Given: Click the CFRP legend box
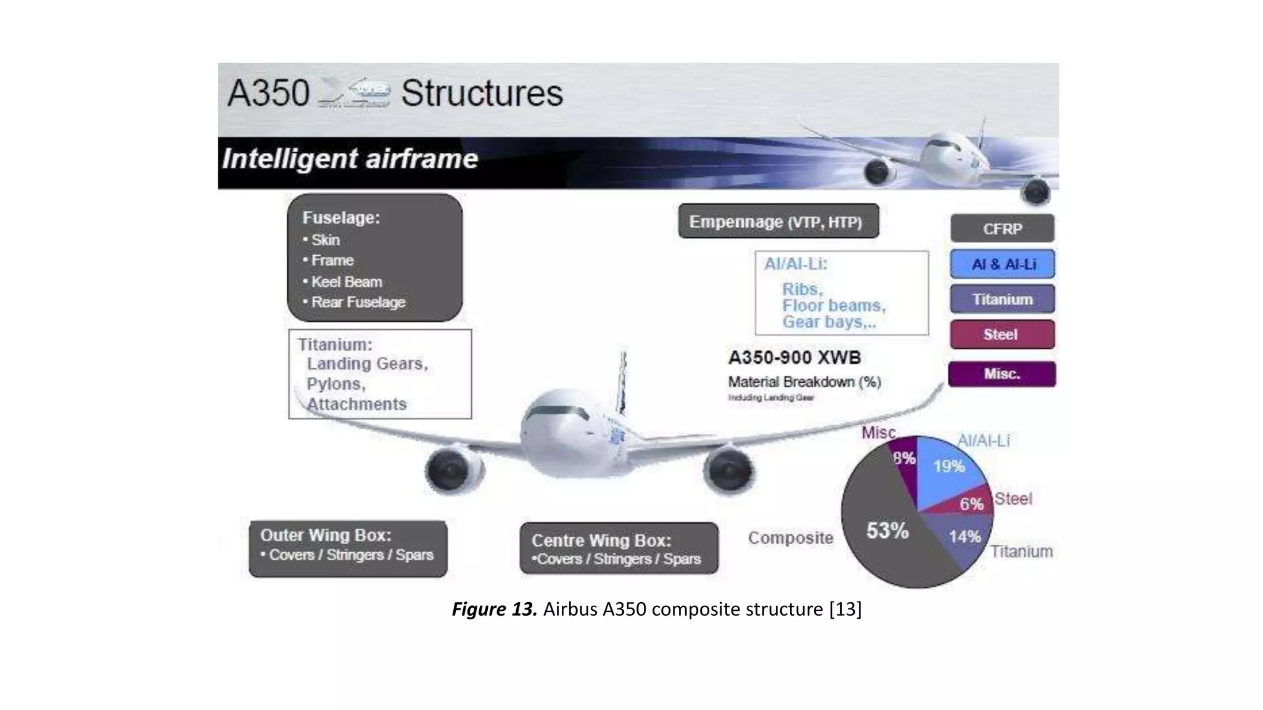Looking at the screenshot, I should click(1002, 229).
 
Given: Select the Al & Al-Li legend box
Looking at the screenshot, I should click(1002, 264).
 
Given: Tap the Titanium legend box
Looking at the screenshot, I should click(1002, 300).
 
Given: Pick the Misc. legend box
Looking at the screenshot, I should click(1002, 374).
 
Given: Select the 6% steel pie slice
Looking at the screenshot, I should click(971, 504).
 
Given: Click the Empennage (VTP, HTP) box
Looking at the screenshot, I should click(778, 221).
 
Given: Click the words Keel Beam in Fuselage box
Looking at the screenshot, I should click(346, 282).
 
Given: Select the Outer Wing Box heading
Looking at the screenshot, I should click(326, 535).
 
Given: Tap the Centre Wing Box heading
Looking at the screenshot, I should click(601, 541).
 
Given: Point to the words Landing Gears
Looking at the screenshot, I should click(367, 364).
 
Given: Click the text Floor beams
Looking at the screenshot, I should click(833, 306).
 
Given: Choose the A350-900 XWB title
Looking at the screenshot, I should click(794, 357).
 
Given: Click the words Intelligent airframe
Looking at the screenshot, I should click(350, 159).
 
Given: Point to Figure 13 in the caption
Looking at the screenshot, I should click(494, 609).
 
